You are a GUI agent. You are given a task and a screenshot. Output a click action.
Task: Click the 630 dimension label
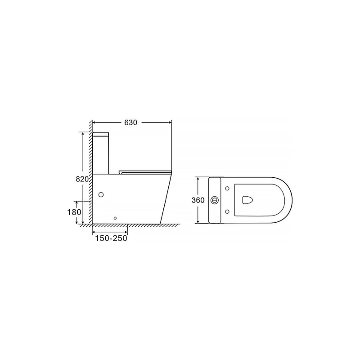click(x=130, y=122)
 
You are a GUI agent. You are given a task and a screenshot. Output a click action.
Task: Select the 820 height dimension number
click(x=82, y=179)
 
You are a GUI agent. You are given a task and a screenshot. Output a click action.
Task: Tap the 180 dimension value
click(x=74, y=212)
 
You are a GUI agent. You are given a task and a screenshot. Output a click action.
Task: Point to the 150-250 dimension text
click(x=111, y=238)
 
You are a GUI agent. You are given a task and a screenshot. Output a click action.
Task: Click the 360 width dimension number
click(x=198, y=200)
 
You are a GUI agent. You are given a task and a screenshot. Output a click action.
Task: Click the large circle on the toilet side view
click(x=101, y=195)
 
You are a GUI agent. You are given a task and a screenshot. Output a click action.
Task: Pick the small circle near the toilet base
click(x=115, y=218)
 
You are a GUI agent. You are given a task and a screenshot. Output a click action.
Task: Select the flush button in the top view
click(x=215, y=200)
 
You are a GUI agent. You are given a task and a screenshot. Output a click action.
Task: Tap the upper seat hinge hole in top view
click(x=227, y=189)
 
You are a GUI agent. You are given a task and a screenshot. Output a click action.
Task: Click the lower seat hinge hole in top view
click(x=227, y=211)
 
